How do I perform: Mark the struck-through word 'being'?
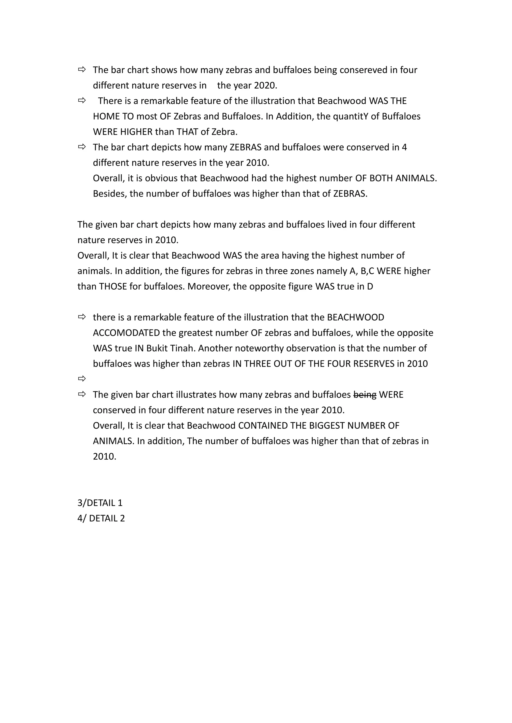click(365, 394)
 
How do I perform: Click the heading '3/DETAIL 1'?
click(100, 503)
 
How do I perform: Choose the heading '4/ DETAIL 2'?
click(101, 518)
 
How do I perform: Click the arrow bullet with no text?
click(82, 379)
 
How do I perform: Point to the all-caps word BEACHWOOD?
click(356, 317)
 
